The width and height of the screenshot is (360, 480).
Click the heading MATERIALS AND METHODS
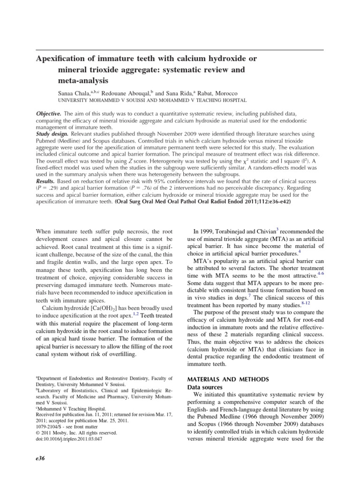[228, 379]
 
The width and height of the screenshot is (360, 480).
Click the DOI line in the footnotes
[75, 439]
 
